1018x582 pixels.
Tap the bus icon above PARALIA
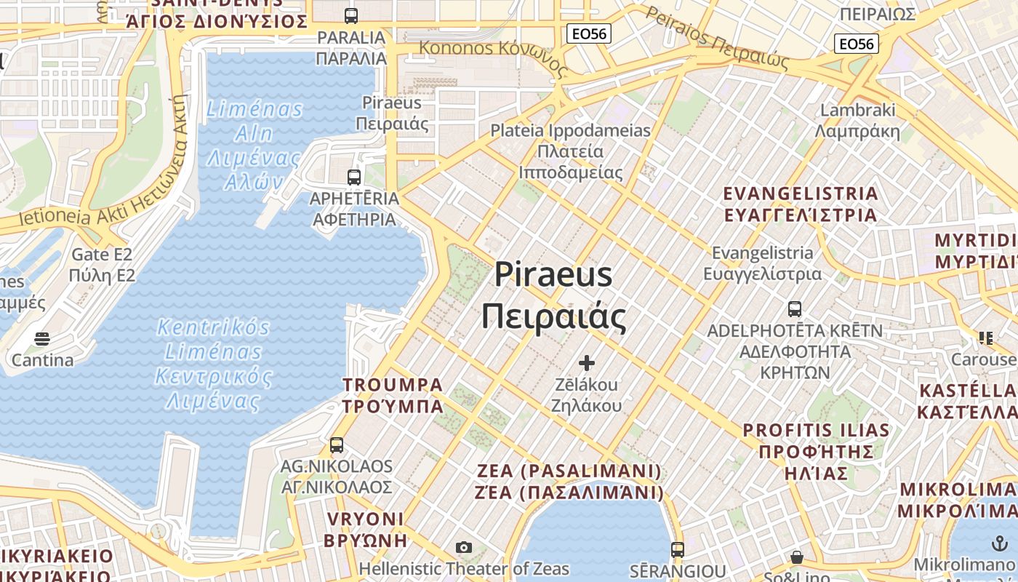(x=351, y=15)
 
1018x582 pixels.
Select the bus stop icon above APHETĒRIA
(x=354, y=177)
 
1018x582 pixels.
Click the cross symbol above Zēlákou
(x=587, y=362)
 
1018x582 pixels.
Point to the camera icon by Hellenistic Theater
(x=464, y=547)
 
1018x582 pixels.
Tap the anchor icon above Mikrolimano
(x=999, y=543)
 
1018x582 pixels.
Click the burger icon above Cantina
(x=42, y=339)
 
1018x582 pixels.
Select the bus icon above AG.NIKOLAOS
(x=336, y=445)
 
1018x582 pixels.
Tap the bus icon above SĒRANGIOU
(x=678, y=549)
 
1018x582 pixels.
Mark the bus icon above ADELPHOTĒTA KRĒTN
(x=795, y=308)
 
